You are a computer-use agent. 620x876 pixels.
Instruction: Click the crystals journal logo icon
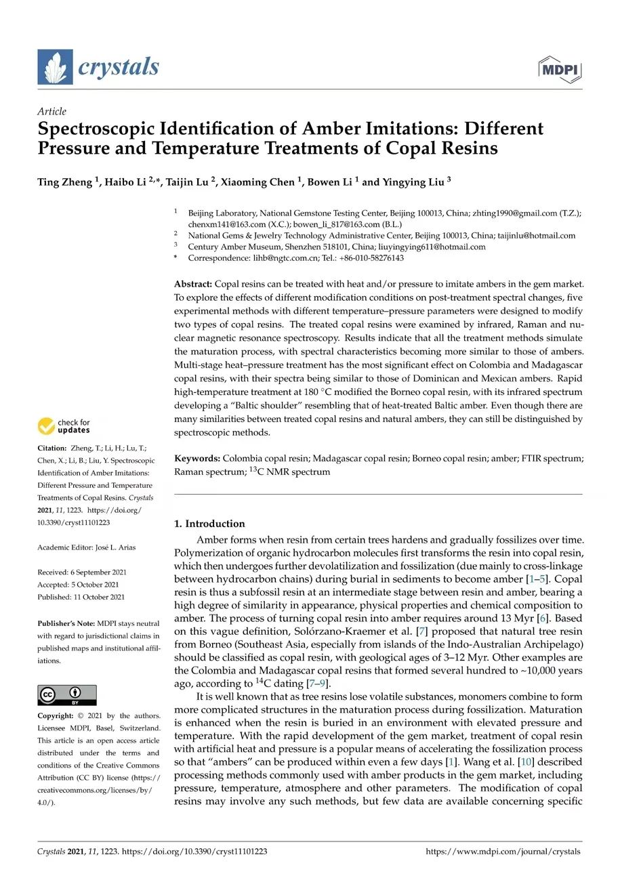click(55, 67)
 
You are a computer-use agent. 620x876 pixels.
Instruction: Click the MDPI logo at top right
click(560, 70)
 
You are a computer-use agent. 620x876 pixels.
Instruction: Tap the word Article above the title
click(51, 111)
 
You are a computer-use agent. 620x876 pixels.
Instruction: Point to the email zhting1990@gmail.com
click(516, 213)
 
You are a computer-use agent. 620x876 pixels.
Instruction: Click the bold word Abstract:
click(193, 284)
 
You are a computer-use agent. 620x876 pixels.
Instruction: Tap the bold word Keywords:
click(197, 459)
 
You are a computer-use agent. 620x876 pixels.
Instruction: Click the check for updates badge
click(64, 426)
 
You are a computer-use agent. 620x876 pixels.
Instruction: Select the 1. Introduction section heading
click(209, 524)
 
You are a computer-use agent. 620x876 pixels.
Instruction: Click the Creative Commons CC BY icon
click(66, 695)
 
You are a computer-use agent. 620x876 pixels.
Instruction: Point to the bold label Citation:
click(51, 449)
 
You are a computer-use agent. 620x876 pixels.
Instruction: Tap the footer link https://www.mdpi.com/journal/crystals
click(503, 852)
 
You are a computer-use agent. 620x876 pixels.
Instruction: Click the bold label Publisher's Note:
click(66, 624)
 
